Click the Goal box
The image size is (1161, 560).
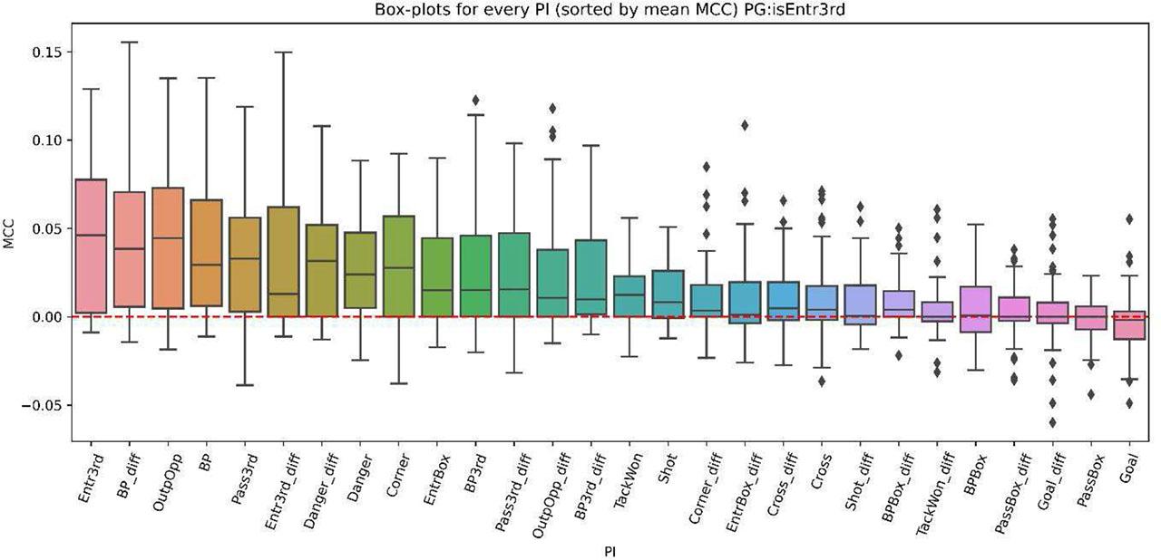click(1130, 325)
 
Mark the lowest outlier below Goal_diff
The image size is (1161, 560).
click(1053, 422)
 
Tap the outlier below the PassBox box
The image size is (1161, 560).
click(1092, 394)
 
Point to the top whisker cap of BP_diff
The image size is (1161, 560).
click(129, 42)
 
